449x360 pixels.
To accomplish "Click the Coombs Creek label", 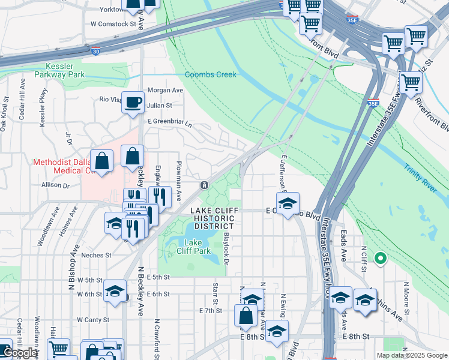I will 211,74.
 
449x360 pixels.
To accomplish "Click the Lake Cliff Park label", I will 193,247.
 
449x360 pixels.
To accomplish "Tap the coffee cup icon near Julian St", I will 133,101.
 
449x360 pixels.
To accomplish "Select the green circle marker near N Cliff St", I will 379,259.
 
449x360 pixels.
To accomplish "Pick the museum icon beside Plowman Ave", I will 204,184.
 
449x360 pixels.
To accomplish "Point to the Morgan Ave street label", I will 164,90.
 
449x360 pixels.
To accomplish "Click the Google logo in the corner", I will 19,353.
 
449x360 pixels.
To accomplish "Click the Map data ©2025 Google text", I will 412,355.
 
